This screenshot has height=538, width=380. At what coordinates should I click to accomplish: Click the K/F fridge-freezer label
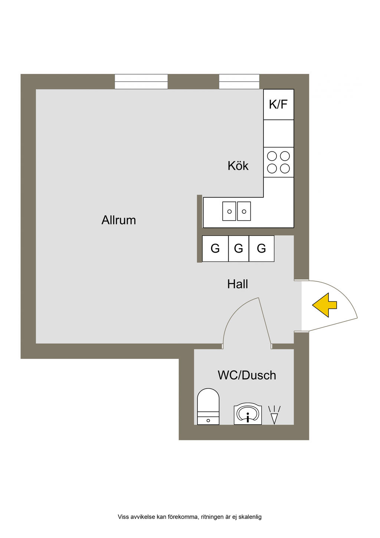click(278, 104)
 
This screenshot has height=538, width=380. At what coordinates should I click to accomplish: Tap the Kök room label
click(238, 166)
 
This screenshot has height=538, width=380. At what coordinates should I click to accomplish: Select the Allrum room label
click(119, 220)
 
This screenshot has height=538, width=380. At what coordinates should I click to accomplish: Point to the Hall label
click(237, 284)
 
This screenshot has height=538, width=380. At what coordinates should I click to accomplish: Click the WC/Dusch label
click(247, 375)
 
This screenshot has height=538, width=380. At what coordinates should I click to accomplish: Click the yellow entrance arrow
click(324, 305)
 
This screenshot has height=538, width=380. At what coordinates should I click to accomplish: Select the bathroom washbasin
click(248, 414)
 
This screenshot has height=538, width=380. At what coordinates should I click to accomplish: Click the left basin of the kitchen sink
click(229, 211)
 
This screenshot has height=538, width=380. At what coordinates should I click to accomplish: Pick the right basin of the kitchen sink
click(244, 211)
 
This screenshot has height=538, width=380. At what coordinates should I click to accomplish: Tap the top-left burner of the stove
click(272, 156)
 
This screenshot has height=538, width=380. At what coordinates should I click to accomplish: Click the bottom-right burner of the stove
click(285, 168)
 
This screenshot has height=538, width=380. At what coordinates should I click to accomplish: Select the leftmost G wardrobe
click(215, 248)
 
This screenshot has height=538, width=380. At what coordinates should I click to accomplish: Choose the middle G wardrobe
click(239, 248)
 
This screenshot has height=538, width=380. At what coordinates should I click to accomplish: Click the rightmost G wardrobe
click(262, 248)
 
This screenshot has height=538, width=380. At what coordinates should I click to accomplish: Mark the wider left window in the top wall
click(141, 81)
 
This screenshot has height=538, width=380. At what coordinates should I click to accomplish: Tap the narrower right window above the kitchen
click(239, 81)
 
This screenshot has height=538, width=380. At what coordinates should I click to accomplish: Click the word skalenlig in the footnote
click(250, 517)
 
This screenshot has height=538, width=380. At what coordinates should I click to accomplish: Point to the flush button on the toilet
click(208, 421)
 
